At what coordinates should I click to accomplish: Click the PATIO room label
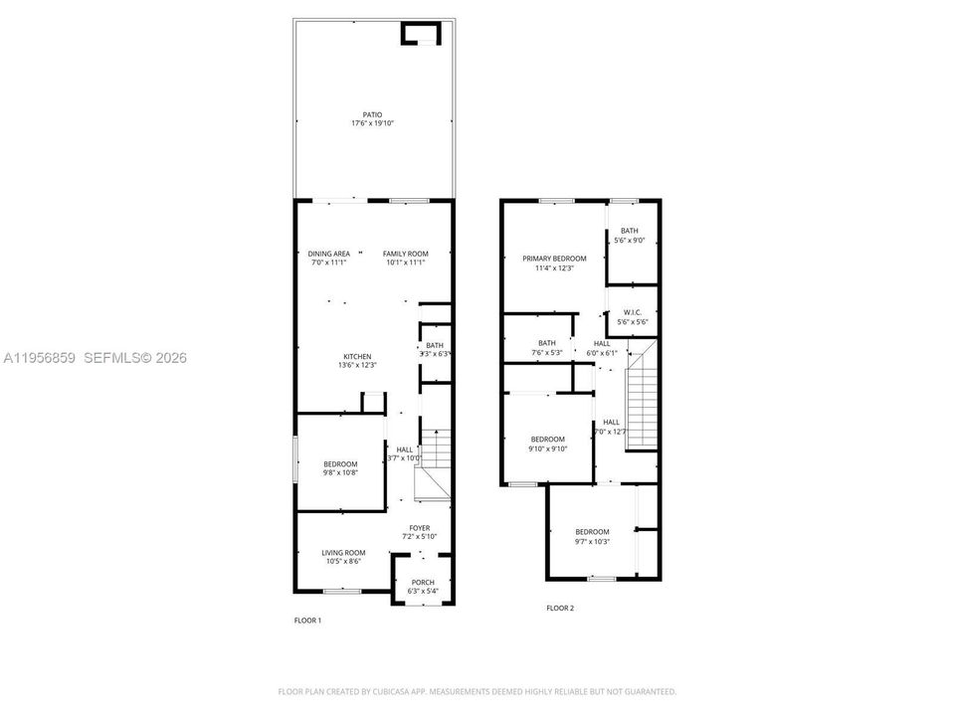372,114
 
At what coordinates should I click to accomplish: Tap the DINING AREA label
328,254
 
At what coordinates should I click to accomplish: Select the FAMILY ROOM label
405,254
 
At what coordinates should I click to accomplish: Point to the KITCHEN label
357,356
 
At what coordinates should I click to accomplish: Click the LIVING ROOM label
343,553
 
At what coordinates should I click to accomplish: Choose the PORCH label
423,582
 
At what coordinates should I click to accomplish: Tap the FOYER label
420,528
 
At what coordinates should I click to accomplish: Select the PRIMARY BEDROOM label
554,259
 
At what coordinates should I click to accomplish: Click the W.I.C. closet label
633,312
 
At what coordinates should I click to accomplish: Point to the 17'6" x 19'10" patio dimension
372,123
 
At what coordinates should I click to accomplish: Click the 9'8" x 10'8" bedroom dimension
340,472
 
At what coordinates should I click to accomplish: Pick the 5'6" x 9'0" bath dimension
630,240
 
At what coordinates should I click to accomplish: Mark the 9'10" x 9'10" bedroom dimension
547,448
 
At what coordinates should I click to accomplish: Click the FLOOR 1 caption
307,621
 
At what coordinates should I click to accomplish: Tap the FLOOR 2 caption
560,608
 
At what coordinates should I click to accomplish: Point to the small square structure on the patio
419,35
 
